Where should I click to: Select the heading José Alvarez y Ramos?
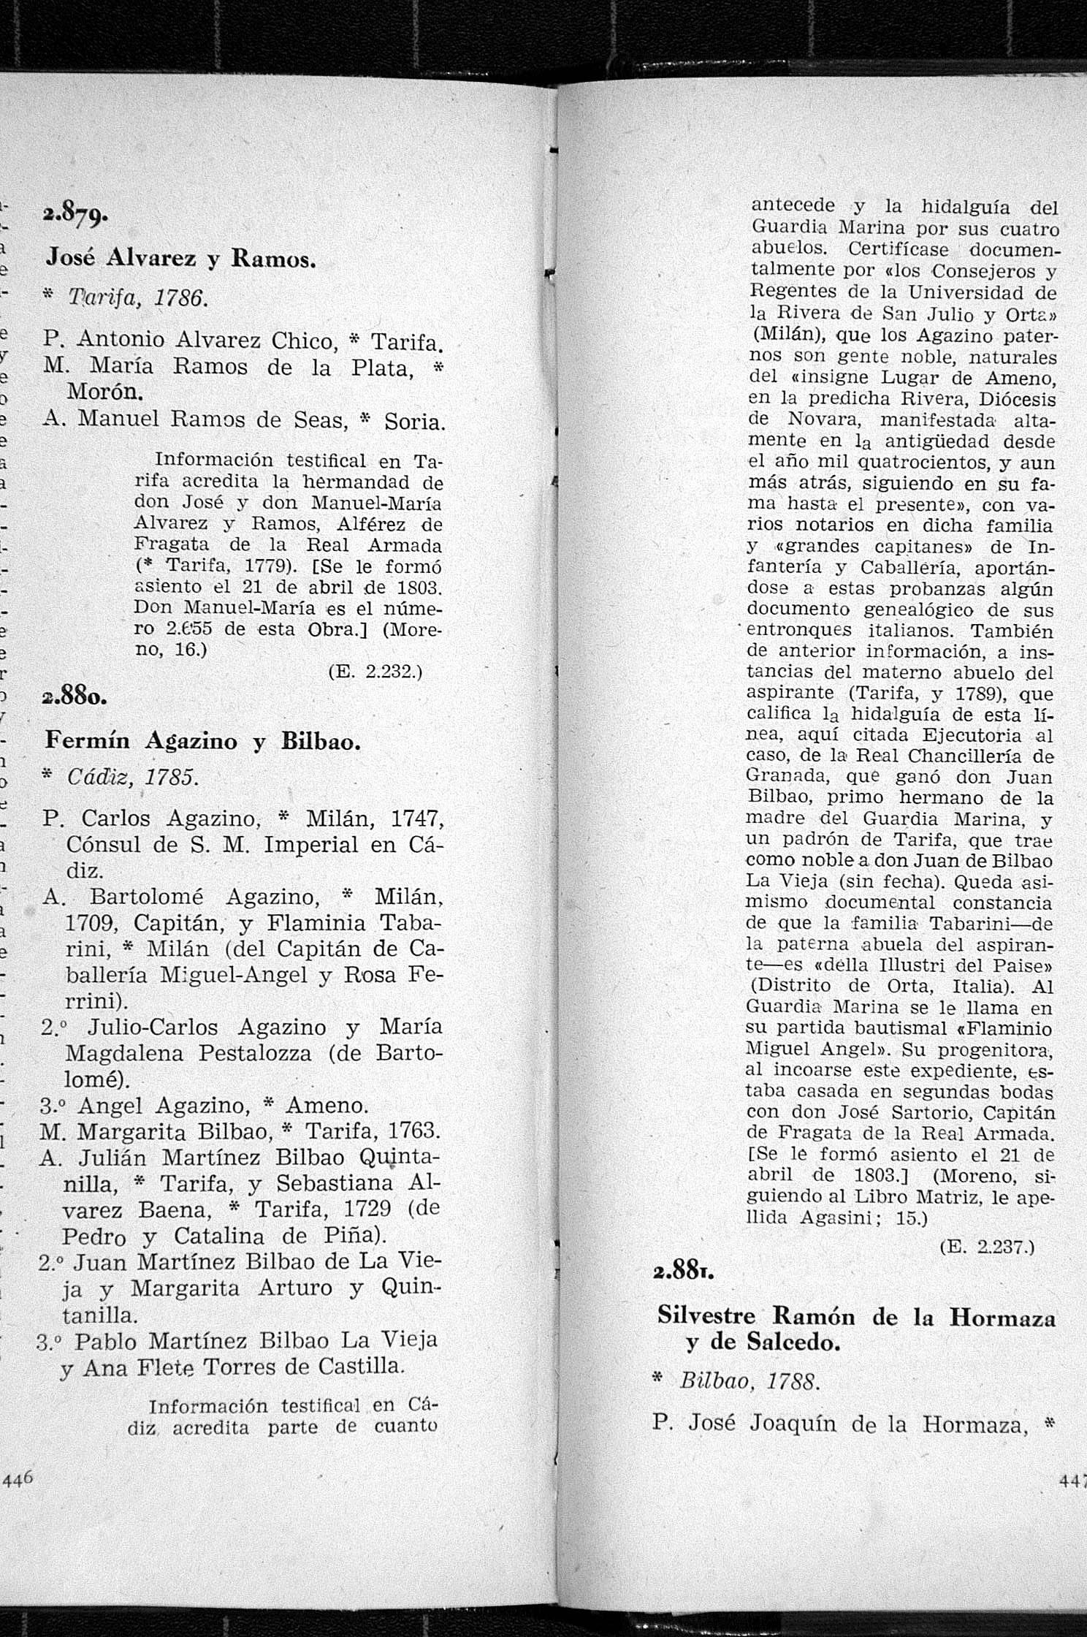coord(180,257)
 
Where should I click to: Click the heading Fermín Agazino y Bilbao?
coord(203,741)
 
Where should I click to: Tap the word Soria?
coord(413,422)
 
